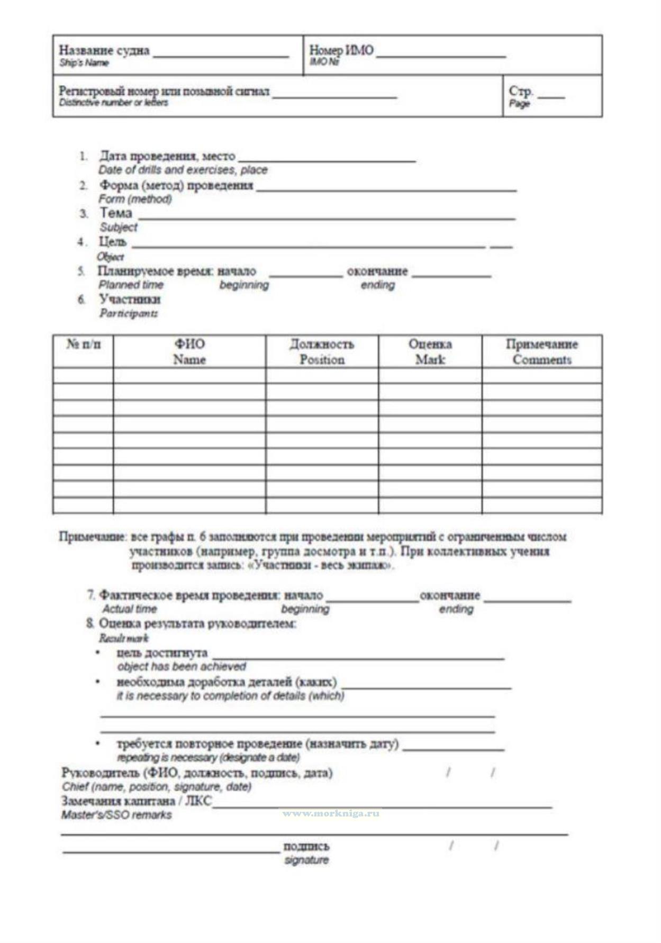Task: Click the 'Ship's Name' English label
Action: (84, 63)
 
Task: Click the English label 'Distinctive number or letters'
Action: (113, 103)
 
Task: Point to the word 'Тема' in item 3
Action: (116, 213)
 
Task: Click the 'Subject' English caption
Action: (119, 227)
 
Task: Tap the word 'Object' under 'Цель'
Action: (111, 257)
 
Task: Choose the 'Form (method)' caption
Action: (135, 199)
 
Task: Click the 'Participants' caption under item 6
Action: (129, 313)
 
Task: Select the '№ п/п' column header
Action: (83, 344)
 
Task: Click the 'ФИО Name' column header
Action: (189, 351)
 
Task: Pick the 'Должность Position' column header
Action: (322, 351)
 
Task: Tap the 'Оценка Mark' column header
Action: (430, 351)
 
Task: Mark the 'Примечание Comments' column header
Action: (541, 351)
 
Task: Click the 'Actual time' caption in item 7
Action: (130, 609)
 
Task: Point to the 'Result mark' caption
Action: (124, 638)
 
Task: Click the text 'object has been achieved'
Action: (182, 666)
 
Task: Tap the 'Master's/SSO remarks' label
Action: (116, 815)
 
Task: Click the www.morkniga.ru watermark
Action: (331, 813)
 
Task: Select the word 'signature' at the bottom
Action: (306, 860)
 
